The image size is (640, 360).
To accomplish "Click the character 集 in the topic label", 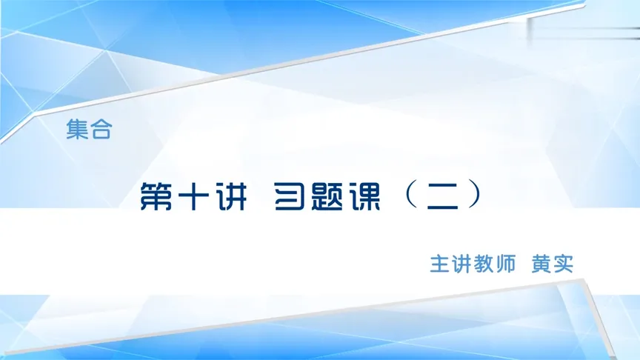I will click(76, 132).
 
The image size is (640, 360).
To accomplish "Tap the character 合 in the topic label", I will click(100, 132).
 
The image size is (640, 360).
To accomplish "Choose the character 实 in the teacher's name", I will click(564, 264).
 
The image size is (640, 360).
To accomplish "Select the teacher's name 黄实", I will click(553, 264).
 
